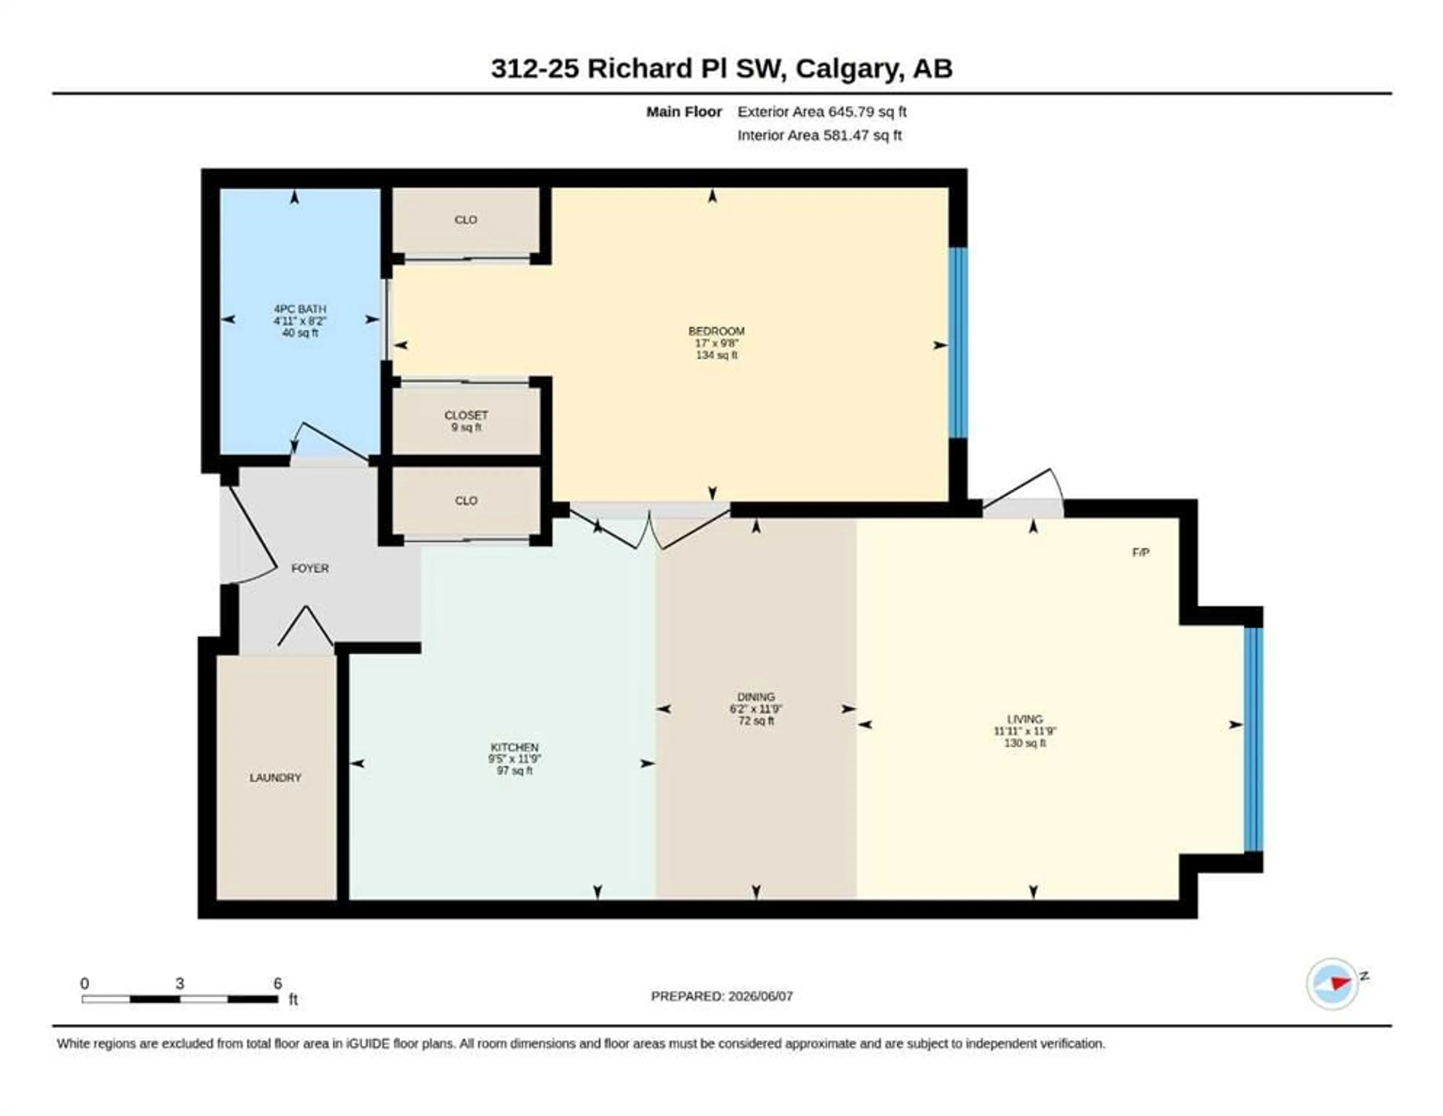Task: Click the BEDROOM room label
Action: pos(716,331)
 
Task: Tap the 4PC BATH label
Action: pos(300,308)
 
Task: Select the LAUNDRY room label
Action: pos(275,778)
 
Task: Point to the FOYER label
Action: pos(310,568)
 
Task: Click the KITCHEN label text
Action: pos(515,747)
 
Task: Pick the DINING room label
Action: pos(756,697)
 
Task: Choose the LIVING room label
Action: pos(1025,719)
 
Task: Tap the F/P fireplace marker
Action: pos(1141,552)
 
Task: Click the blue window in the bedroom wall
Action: pos(958,343)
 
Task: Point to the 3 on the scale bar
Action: pos(180,983)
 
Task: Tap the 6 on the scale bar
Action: pos(277,983)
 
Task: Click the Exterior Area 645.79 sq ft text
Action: pos(822,112)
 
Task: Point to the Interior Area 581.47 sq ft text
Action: pos(819,135)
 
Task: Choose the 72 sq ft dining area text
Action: pos(756,721)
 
